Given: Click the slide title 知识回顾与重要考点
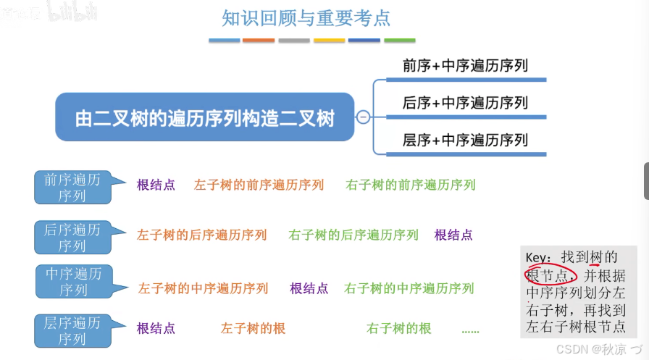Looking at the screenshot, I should pos(306,18).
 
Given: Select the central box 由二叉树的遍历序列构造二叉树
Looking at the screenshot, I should pos(205,117).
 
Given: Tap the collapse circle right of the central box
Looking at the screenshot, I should pos(363,117).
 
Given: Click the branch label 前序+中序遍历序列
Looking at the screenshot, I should pos(465,66).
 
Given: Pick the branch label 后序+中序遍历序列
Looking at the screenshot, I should pos(465,103).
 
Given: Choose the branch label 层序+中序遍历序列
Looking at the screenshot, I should pos(465,140).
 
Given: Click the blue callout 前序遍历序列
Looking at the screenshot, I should pos(72,187).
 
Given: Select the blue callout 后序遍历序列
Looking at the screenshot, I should pos(72,238).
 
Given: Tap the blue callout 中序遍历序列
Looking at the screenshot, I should pos(73,282).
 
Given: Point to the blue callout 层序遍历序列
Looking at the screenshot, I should pos(72,330).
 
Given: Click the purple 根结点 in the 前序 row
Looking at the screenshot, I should pos(156,185).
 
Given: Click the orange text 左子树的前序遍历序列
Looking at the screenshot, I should pos(259,185).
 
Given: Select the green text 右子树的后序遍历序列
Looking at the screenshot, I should pos(353,235).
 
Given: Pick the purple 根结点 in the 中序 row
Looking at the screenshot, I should pos(309,288).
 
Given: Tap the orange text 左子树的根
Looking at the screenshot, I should pos(253,328).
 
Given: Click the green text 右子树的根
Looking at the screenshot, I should pos(399,328).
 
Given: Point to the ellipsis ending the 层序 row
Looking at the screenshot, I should pos(470,330).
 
